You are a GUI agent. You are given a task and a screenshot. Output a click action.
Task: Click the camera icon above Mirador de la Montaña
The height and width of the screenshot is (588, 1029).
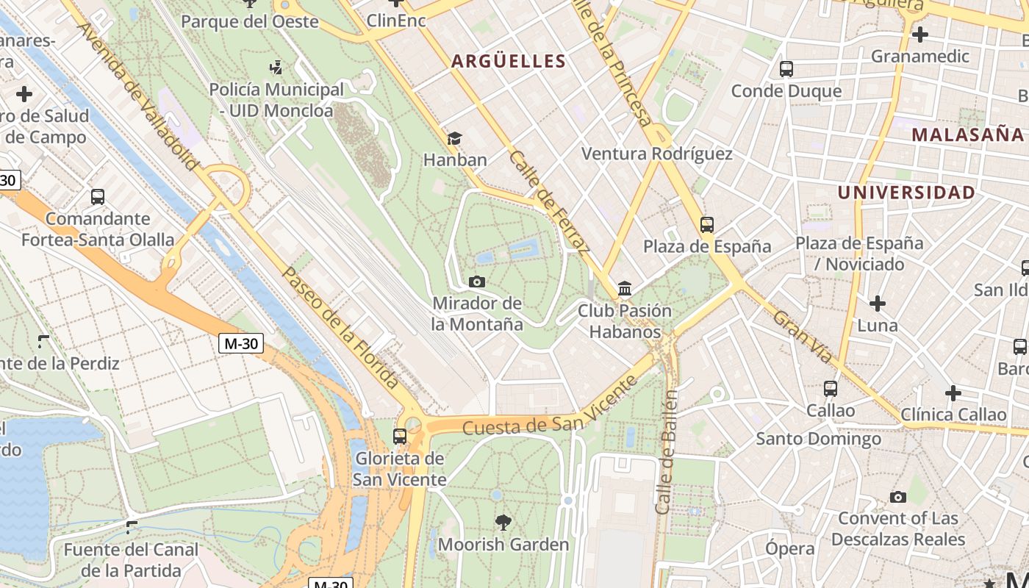(476, 282)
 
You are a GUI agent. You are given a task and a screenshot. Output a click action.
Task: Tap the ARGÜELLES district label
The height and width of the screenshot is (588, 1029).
(509, 61)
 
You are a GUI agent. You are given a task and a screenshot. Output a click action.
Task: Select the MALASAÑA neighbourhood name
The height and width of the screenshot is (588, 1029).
(967, 135)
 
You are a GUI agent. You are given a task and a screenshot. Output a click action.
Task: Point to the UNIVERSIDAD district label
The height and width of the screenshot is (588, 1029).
(906, 193)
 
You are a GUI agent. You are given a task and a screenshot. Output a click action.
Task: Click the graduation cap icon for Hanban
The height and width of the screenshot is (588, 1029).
(454, 139)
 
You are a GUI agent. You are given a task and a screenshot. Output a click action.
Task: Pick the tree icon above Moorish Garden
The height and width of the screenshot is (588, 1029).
(503, 523)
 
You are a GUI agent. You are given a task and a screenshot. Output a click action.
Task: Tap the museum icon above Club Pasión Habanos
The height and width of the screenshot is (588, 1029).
(625, 288)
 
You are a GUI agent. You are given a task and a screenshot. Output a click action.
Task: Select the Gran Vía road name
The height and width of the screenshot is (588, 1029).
(803, 337)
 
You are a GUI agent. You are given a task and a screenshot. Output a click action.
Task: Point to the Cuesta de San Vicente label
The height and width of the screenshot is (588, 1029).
(550, 406)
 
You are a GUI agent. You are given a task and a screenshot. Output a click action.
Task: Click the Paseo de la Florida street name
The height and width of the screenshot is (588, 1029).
(340, 327)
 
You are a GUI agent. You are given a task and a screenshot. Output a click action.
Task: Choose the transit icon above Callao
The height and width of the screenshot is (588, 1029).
(831, 389)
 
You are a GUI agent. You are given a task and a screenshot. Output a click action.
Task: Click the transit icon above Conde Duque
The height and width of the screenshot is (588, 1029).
(786, 69)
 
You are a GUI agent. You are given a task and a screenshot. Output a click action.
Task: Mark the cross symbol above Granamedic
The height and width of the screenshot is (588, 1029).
(919, 34)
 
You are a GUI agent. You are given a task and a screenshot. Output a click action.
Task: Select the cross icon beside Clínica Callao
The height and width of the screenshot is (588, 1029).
(953, 393)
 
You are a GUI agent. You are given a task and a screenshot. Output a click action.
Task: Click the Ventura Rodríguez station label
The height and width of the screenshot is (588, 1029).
(656, 154)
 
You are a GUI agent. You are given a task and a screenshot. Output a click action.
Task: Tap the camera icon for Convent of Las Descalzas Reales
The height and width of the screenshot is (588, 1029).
(897, 498)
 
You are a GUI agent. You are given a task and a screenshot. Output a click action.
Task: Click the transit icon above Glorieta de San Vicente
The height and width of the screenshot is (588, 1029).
(400, 437)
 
